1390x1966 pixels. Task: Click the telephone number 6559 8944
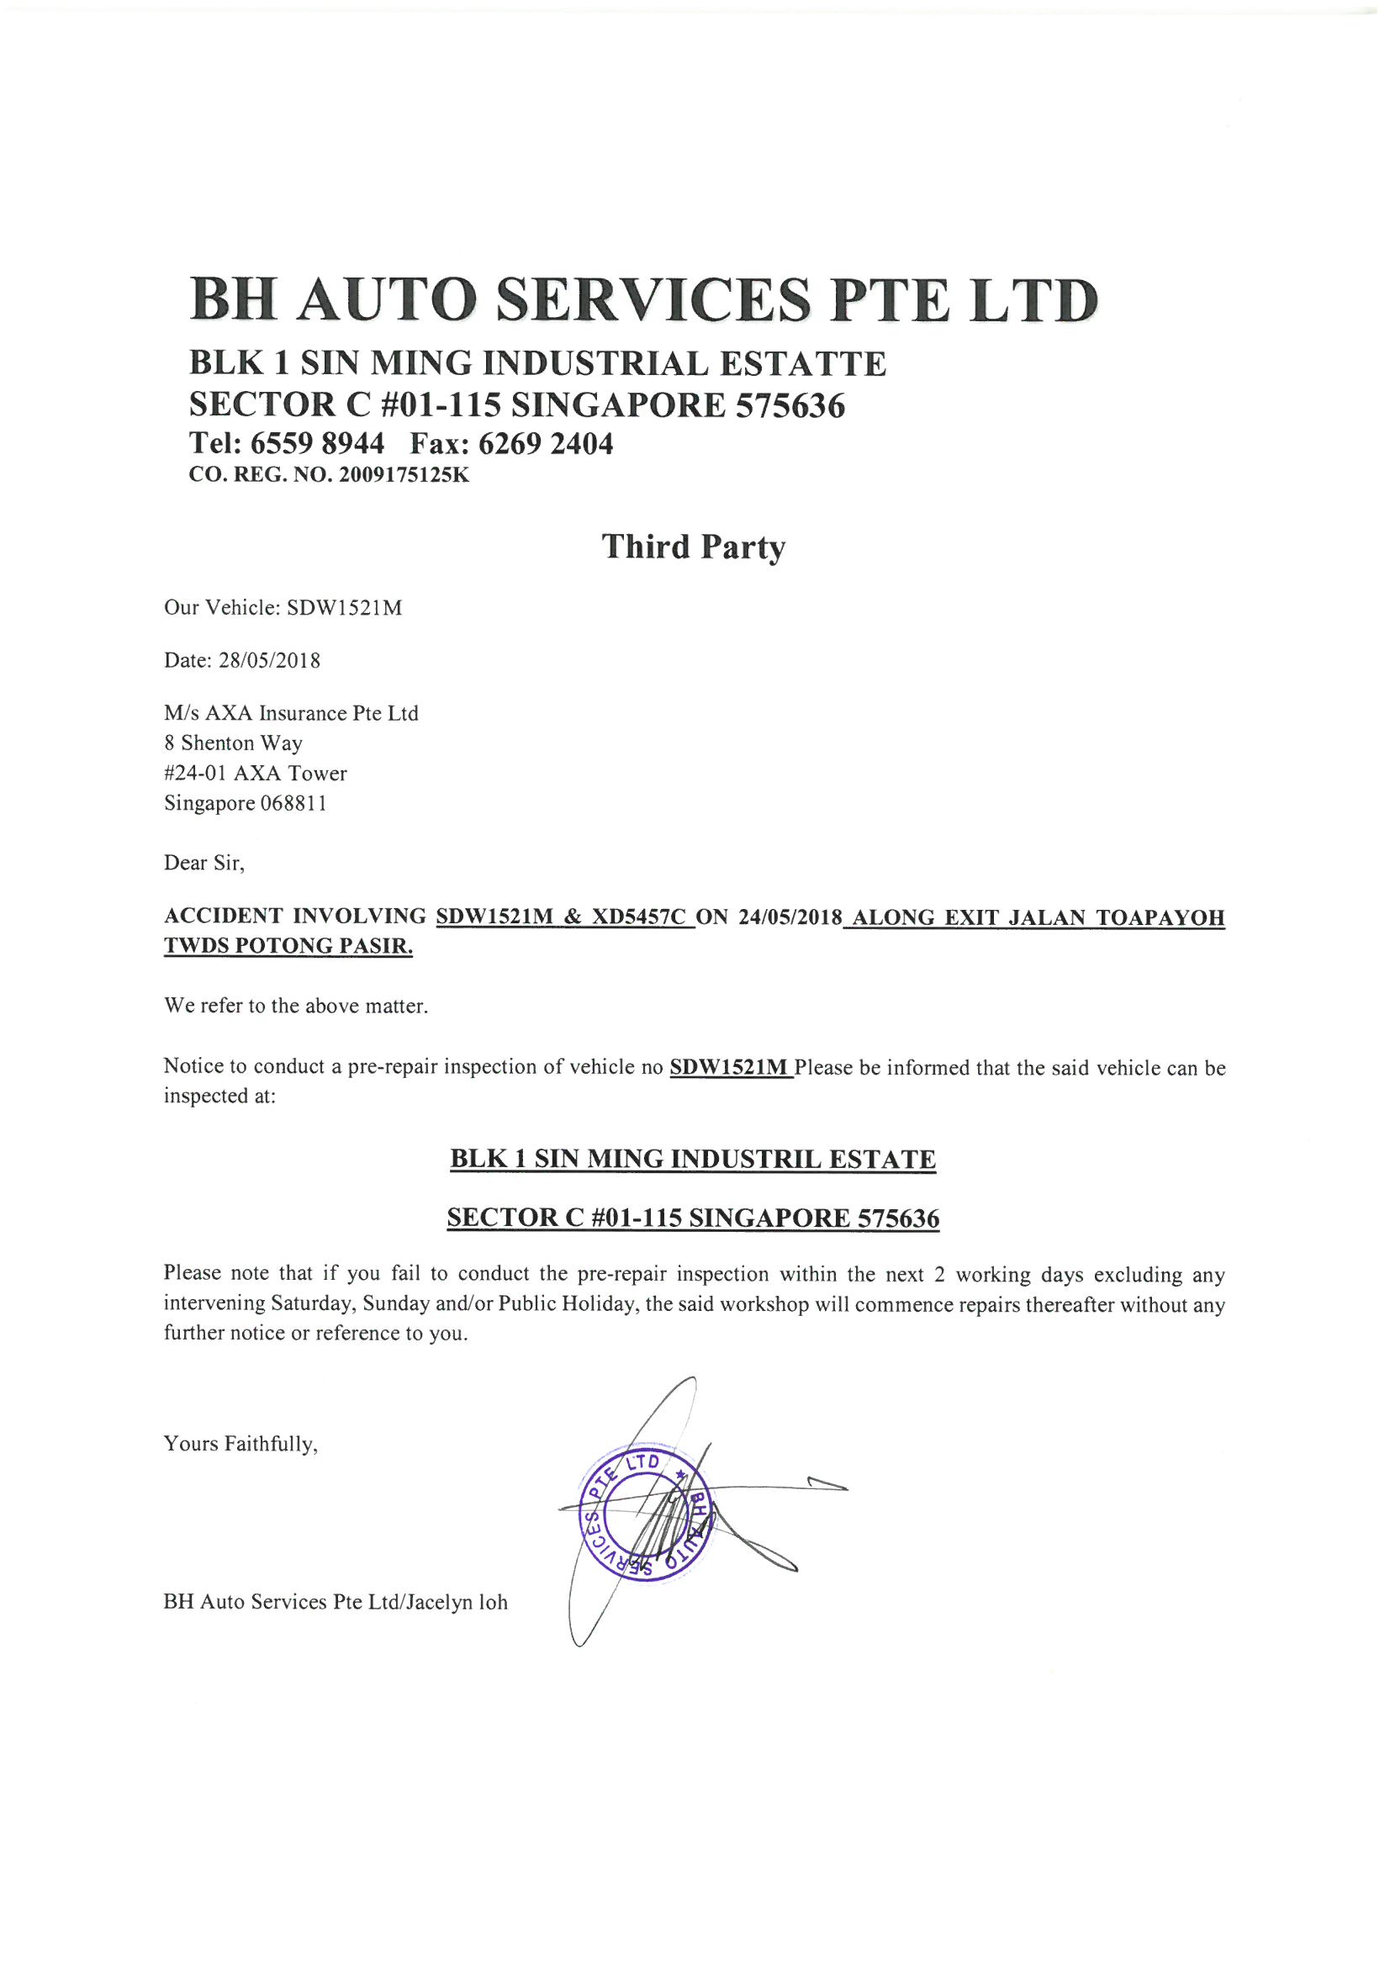[317, 443]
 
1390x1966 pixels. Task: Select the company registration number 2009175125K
[404, 475]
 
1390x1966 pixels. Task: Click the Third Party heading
[693, 547]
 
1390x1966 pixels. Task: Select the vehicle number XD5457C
[639, 917]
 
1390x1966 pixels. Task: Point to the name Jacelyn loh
[457, 1602]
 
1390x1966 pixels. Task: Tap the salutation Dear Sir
[203, 862]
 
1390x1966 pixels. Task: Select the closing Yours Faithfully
[240, 1444]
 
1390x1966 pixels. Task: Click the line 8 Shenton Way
[233, 743]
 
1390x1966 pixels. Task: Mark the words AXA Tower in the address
[290, 774]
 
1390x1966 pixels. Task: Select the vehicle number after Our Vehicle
[344, 608]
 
